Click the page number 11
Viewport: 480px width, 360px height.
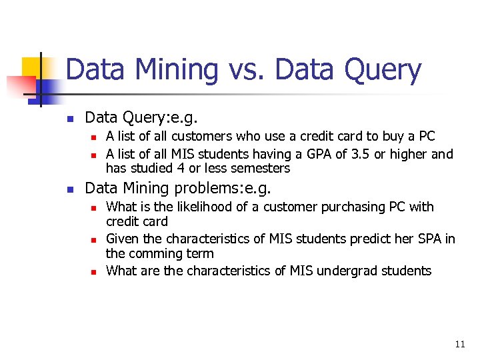[459, 344]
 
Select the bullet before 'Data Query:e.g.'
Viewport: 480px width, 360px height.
[69, 119]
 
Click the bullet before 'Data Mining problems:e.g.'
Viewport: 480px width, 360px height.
[69, 189]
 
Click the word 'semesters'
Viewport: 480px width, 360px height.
[260, 169]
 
